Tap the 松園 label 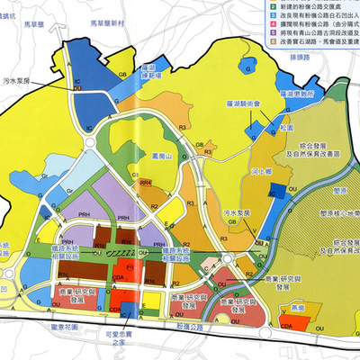coord(287,130)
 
